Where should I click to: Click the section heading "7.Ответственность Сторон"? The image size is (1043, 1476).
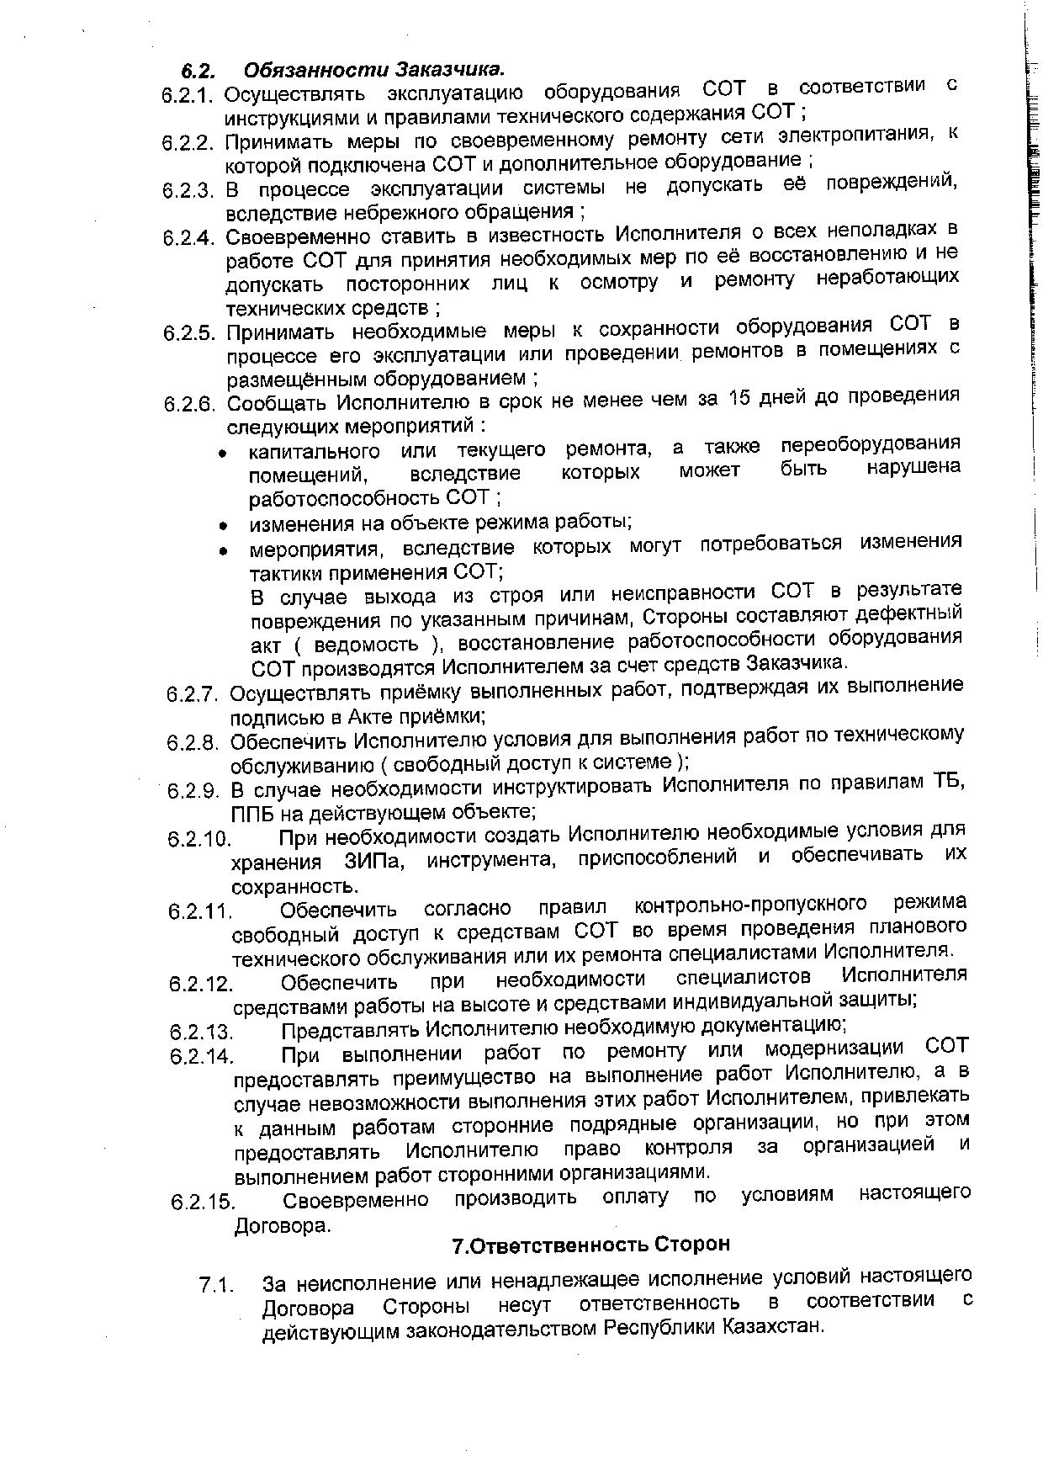(x=591, y=1244)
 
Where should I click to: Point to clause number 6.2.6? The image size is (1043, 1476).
(x=191, y=404)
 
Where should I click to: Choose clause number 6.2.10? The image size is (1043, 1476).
(x=199, y=839)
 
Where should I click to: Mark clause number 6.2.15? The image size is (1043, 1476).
(x=202, y=1202)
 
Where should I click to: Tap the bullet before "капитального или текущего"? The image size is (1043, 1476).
(x=223, y=454)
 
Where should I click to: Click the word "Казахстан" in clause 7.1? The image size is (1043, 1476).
(x=770, y=1327)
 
